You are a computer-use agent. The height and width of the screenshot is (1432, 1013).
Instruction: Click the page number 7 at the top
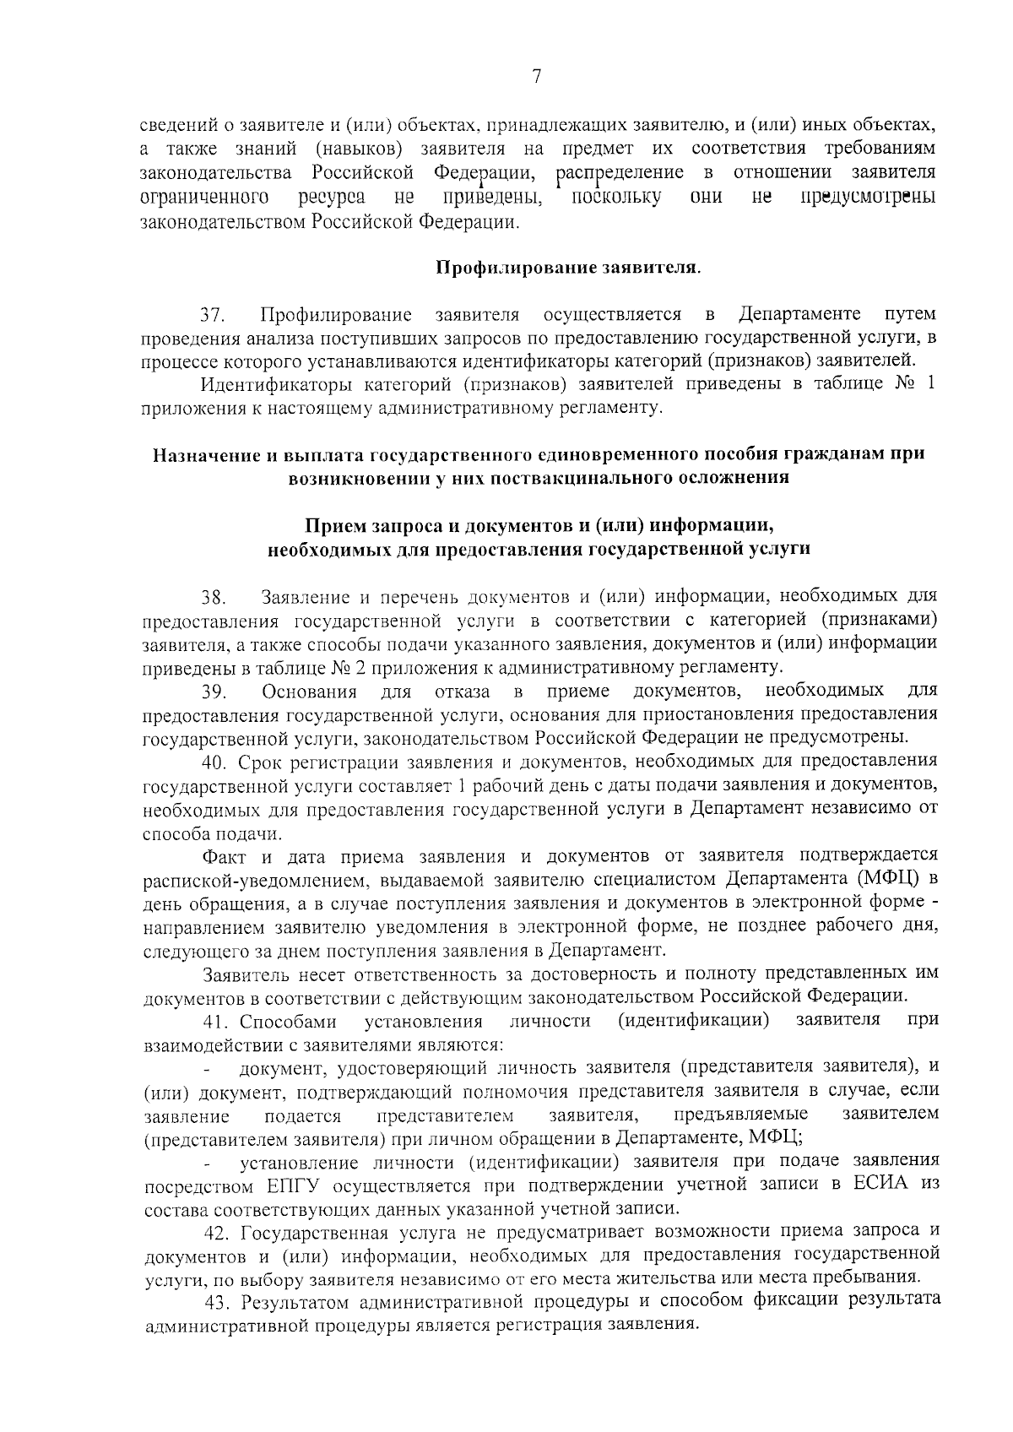click(537, 77)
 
